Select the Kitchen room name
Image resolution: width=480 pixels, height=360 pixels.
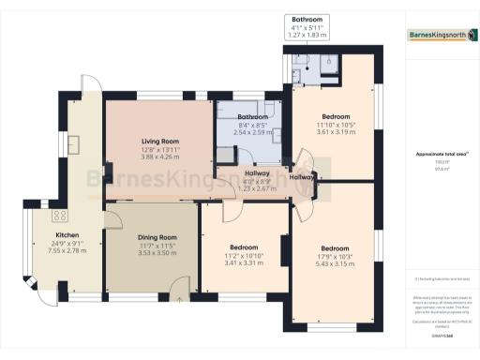click(67, 234)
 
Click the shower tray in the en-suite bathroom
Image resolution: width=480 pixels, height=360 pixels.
click(328, 64)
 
